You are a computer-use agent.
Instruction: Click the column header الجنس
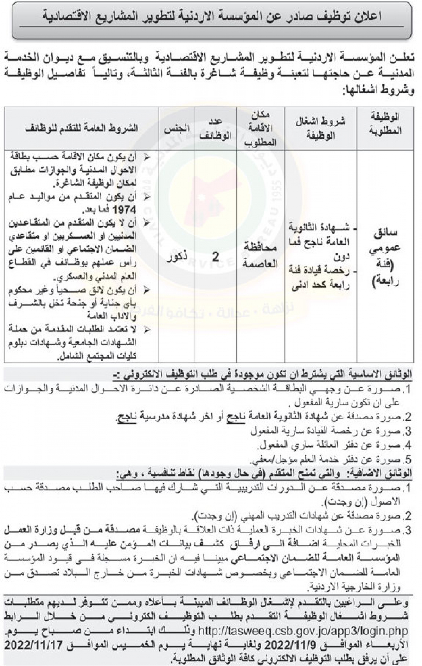[x=177, y=128]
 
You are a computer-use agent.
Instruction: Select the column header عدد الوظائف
[x=216, y=128]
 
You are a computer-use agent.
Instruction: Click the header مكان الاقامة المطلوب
[x=261, y=128]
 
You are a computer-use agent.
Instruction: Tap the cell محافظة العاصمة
[x=261, y=256]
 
